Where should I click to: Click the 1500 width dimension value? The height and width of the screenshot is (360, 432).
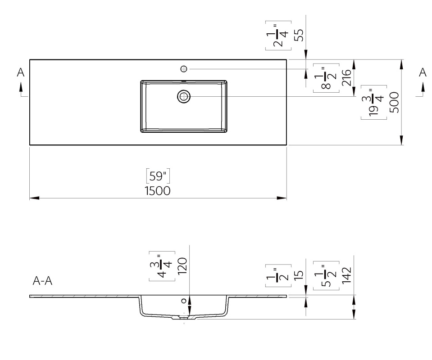[x=158, y=191]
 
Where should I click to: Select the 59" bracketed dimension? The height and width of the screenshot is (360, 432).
[x=158, y=176]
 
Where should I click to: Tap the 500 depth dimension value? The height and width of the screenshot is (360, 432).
[x=394, y=103]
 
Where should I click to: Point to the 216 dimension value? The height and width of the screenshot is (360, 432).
[x=346, y=78]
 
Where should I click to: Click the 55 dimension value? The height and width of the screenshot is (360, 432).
[x=299, y=35]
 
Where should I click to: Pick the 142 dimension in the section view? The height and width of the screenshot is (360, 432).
[x=346, y=275]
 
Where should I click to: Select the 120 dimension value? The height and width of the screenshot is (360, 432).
[x=182, y=266]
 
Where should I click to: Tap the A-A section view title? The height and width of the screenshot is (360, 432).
[x=42, y=281]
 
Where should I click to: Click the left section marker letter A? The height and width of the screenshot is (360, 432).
[x=21, y=72]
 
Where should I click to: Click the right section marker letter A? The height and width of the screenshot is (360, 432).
[x=423, y=72]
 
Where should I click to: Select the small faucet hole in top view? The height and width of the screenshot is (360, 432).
[x=184, y=69]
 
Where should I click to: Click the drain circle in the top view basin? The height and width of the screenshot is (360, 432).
[x=184, y=96]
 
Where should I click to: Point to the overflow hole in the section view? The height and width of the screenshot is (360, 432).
[x=184, y=301]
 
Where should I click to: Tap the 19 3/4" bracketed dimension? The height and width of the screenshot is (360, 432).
[x=374, y=103]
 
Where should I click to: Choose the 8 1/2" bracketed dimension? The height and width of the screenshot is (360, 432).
[x=326, y=78]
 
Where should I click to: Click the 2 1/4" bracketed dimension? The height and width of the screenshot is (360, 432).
[x=278, y=36]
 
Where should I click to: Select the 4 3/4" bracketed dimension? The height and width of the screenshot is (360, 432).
[x=162, y=266]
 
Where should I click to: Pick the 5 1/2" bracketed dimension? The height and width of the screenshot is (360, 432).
[x=326, y=275]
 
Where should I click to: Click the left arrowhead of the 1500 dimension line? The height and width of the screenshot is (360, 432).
[x=34, y=198]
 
